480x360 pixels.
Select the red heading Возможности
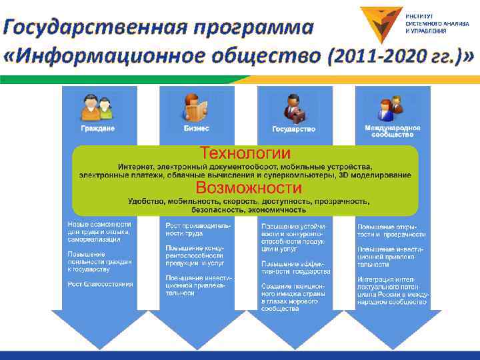pyautogui.click(x=248, y=187)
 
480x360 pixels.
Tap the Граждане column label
pyautogui.click(x=98, y=128)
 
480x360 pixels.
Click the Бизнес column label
pyautogui.click(x=196, y=128)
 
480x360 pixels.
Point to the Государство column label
pyautogui.click(x=294, y=129)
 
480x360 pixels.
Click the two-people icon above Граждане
pyautogui.click(x=98, y=107)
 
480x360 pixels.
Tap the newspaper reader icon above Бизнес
pyautogui.click(x=196, y=107)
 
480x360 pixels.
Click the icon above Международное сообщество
pyautogui.click(x=391, y=107)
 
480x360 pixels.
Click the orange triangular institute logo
pyautogui.click(x=381, y=23)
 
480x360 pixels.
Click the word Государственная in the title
pyautogui.click(x=93, y=28)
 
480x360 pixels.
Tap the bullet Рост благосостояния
pyautogui.click(x=100, y=284)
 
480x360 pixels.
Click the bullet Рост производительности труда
pyautogui.click(x=198, y=230)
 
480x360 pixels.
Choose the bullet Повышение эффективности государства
pyautogui.click(x=295, y=267)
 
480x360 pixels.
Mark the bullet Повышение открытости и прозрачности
pyautogui.click(x=391, y=231)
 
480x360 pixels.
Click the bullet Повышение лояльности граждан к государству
pyautogui.click(x=100, y=261)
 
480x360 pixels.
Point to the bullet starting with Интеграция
pyautogui.click(x=391, y=290)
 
